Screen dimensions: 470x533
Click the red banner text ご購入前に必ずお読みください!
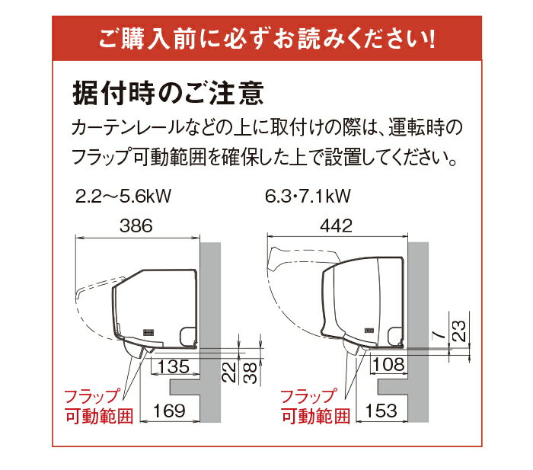[x=266, y=37]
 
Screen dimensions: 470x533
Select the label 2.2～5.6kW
[x=123, y=197]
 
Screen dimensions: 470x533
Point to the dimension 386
[x=137, y=226]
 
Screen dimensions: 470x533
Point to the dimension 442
[x=336, y=226]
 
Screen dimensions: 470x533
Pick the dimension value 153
[x=381, y=411]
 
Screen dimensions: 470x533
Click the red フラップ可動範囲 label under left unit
[x=97, y=406]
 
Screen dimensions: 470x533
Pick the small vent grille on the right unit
[x=371, y=330]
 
